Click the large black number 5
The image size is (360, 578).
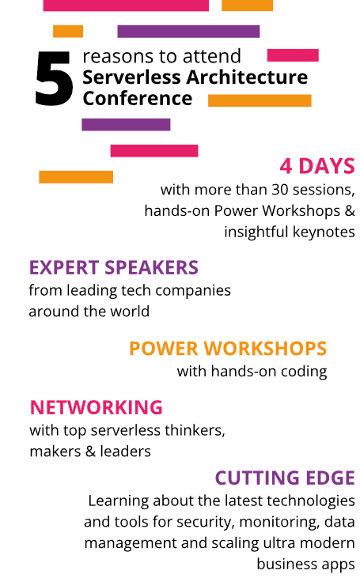[x=55, y=78]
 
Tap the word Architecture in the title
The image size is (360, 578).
[x=247, y=77]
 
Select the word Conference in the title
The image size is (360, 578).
[x=137, y=98]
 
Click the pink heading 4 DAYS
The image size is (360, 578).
[x=317, y=166]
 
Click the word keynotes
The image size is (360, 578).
[x=324, y=232]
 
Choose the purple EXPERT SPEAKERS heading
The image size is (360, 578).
[x=114, y=267]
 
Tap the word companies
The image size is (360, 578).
[x=193, y=291]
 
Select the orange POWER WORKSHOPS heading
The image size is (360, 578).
[x=228, y=349]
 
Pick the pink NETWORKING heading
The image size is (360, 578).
[x=97, y=407]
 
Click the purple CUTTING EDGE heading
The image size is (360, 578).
[x=285, y=478]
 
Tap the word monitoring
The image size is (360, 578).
[x=279, y=522]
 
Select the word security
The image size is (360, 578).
[x=206, y=522]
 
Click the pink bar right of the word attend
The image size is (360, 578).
[x=293, y=55]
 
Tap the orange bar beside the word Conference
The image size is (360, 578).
[x=260, y=100]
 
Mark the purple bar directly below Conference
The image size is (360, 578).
[x=126, y=125]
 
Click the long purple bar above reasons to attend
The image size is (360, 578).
[x=188, y=32]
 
